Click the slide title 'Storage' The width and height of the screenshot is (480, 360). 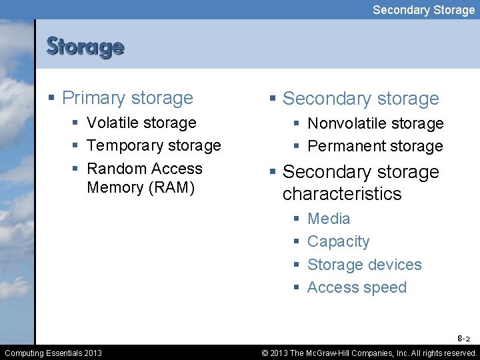click(x=85, y=47)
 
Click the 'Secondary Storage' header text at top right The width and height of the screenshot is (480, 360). click(x=423, y=9)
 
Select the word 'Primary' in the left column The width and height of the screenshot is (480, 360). click(x=91, y=98)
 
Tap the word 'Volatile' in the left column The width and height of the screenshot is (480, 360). click(x=114, y=123)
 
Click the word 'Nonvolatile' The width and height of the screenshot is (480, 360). click(x=347, y=123)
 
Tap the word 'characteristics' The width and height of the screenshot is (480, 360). click(x=342, y=194)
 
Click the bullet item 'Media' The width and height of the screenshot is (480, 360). click(x=329, y=219)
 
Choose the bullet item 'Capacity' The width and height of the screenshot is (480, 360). click(x=338, y=241)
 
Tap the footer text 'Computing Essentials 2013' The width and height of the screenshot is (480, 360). click(x=53, y=353)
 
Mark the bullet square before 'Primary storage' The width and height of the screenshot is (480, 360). click(x=52, y=99)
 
